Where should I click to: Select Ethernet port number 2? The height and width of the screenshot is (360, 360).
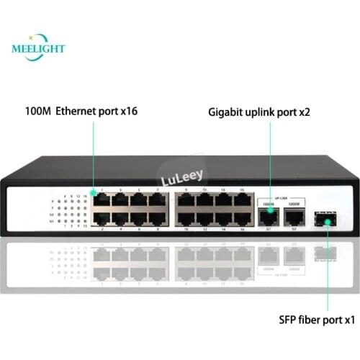tap(102, 217)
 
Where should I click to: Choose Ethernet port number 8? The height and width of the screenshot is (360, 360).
tap(158, 217)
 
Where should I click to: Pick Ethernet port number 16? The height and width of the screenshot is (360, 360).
tap(241, 217)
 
